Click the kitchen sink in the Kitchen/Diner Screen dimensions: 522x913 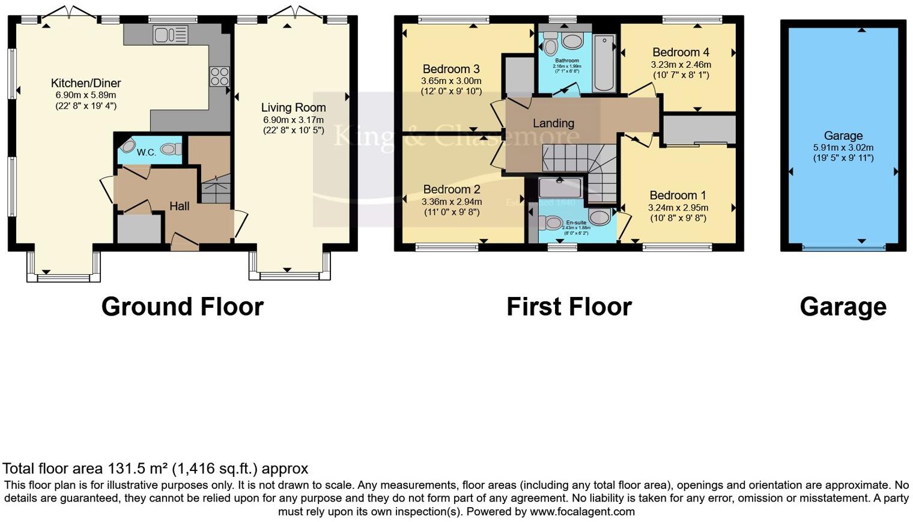[171, 34]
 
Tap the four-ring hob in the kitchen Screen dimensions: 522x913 [219, 76]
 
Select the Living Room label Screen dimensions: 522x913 [293, 107]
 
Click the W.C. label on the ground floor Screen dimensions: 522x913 [146, 152]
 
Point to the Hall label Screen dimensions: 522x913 [179, 206]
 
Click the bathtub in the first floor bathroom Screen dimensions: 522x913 [604, 63]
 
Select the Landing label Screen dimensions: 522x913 [553, 123]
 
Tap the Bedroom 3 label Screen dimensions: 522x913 [450, 69]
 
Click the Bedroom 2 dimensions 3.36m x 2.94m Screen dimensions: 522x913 [451, 202]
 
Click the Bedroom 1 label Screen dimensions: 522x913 [678, 195]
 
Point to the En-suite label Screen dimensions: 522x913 [575, 223]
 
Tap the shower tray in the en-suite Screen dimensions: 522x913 [560, 187]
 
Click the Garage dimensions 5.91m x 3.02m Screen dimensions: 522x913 [843, 148]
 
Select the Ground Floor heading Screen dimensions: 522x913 [182, 307]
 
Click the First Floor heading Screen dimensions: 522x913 [568, 307]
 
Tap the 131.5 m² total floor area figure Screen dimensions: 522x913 [138, 469]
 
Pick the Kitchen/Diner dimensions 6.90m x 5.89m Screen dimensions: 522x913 [85, 95]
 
